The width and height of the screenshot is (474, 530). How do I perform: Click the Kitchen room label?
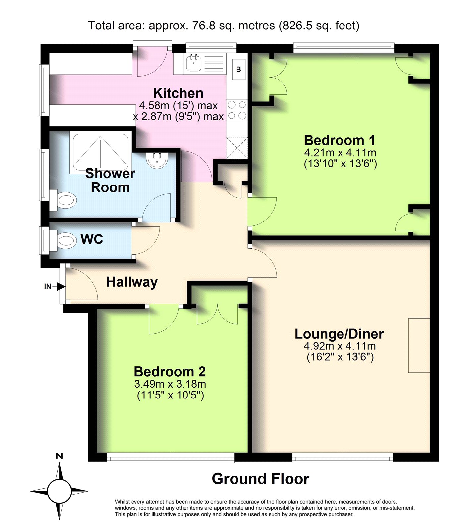(178, 93)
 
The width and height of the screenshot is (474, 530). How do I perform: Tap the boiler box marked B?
(238, 70)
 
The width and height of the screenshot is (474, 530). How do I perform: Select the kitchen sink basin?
(194, 63)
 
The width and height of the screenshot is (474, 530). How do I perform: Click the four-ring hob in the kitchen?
(237, 110)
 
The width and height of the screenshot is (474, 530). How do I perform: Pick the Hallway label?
(132, 282)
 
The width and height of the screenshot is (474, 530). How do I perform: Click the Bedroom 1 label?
(340, 140)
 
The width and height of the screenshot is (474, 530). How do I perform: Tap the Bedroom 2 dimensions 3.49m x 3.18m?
(170, 384)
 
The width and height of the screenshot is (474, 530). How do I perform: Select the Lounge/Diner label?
(339, 334)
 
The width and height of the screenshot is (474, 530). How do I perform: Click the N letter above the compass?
(59, 456)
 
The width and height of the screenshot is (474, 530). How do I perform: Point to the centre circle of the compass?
(59, 491)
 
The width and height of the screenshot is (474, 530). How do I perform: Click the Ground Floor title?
(260, 479)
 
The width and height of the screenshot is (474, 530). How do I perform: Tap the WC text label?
(92, 239)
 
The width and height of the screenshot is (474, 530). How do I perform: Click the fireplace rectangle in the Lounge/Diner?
(419, 345)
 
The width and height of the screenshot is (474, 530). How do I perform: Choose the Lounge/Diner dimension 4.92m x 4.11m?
(340, 346)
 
